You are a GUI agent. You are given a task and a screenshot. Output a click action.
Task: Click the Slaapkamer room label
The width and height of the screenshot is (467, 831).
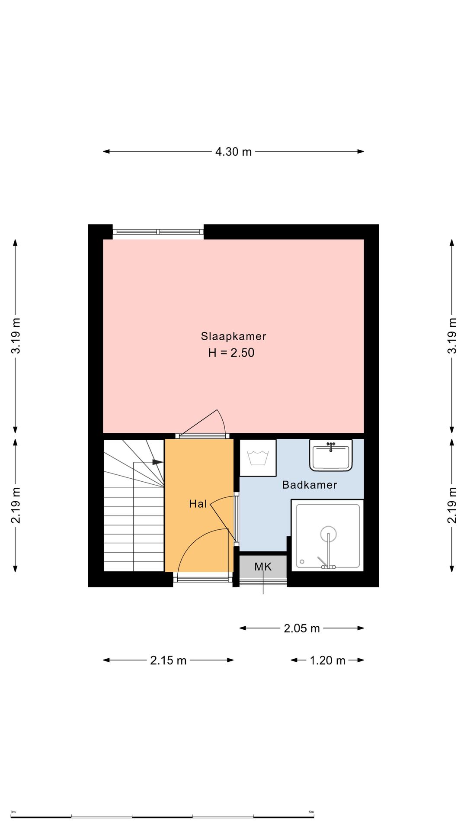(233, 336)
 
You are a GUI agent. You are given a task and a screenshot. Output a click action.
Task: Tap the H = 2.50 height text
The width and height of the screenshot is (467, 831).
(231, 353)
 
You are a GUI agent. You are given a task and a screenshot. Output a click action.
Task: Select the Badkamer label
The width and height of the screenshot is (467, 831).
(310, 485)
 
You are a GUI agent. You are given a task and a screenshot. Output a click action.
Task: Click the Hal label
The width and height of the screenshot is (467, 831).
(198, 504)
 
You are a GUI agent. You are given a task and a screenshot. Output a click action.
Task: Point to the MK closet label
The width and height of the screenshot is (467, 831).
(263, 567)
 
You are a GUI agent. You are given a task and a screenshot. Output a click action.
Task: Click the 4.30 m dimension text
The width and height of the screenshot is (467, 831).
(233, 152)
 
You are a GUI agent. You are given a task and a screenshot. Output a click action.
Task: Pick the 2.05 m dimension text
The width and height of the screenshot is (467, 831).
(302, 628)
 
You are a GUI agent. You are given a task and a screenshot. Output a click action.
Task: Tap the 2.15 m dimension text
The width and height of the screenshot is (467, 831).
(168, 660)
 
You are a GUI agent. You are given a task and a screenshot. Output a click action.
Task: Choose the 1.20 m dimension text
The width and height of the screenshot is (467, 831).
(328, 660)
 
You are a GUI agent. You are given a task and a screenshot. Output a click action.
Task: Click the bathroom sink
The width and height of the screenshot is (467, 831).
(331, 455)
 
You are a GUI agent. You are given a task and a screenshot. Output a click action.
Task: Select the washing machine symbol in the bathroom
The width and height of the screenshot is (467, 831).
(258, 458)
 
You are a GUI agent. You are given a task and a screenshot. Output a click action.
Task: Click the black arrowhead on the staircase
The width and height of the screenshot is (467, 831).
(158, 462)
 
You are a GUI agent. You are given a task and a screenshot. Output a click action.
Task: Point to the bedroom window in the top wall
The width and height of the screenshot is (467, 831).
(158, 232)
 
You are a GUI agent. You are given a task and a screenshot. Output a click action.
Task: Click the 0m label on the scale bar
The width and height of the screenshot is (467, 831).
(13, 812)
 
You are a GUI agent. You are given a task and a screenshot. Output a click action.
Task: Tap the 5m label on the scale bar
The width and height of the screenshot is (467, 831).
(311, 812)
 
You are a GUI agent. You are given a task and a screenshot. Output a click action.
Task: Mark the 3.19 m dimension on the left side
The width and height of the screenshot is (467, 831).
(16, 336)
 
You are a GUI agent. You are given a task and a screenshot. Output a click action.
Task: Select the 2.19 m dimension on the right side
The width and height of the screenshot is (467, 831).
(452, 506)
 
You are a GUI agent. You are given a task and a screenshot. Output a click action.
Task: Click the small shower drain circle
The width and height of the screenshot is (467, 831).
(302, 562)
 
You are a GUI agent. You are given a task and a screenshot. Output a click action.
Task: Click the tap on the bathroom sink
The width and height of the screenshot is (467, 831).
(331, 446)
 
